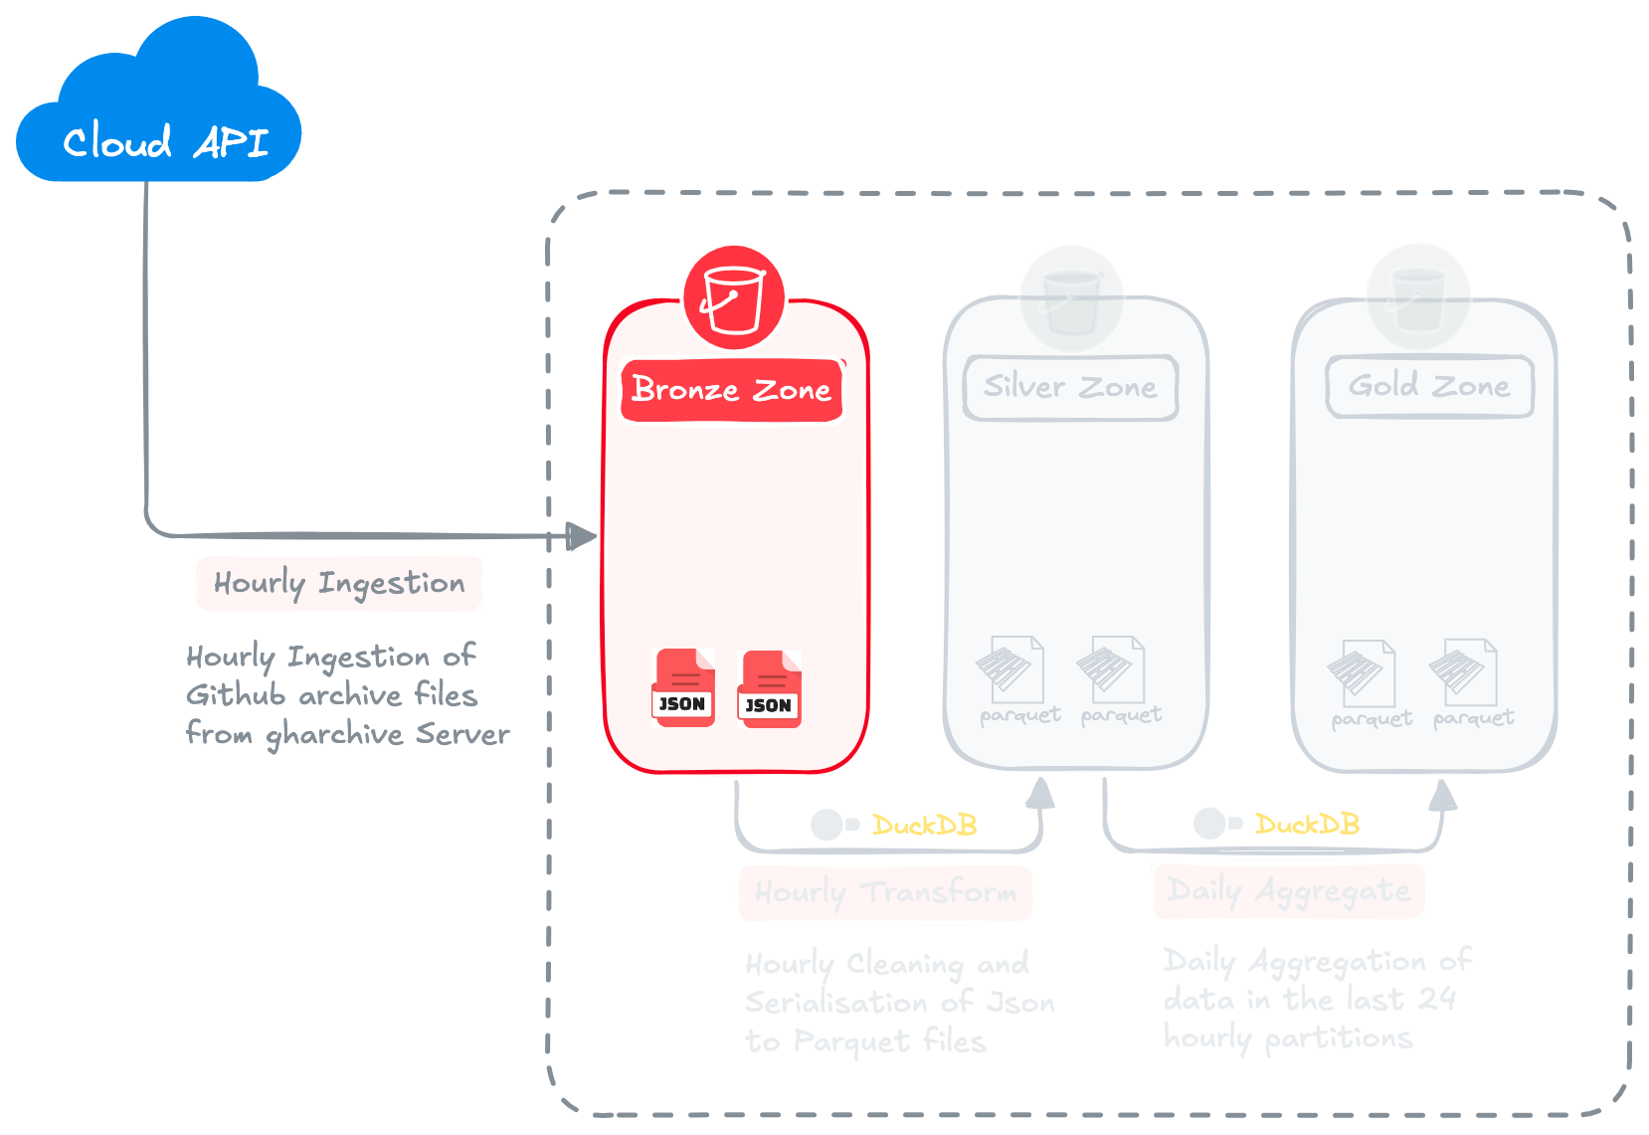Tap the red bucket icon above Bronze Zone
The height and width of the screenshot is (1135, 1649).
click(734, 297)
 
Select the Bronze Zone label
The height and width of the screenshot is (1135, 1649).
click(732, 390)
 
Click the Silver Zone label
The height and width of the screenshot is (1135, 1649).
click(1070, 387)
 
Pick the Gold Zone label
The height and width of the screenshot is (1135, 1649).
click(1429, 386)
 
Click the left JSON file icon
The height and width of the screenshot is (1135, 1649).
click(683, 688)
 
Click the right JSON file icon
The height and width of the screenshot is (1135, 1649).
click(770, 689)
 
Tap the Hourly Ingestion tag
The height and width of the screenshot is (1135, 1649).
click(339, 583)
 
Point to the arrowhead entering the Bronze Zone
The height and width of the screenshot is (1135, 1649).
click(582, 536)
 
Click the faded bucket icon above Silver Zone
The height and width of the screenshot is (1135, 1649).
click(1071, 297)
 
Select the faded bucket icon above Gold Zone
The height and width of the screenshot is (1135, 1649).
click(1418, 296)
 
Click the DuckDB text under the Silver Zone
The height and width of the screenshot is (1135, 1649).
click(924, 825)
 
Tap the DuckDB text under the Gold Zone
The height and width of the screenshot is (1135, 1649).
click(1306, 824)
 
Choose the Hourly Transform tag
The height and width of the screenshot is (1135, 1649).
click(885, 891)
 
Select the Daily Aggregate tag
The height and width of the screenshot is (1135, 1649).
click(1288, 890)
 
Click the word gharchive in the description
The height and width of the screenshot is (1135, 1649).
click(334, 735)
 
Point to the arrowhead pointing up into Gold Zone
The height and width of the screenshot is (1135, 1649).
click(1443, 795)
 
